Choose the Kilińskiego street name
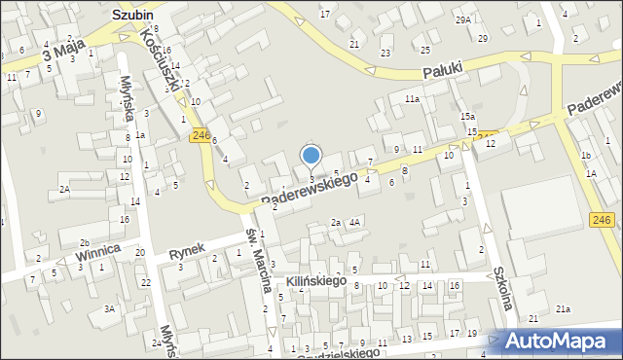(x=316, y=280)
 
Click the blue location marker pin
(x=311, y=156)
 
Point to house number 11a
(x=413, y=99)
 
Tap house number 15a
(x=467, y=117)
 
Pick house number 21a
(x=563, y=308)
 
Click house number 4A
(x=355, y=222)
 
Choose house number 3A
(x=110, y=308)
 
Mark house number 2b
(x=85, y=242)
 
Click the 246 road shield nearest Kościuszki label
(x=202, y=135)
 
